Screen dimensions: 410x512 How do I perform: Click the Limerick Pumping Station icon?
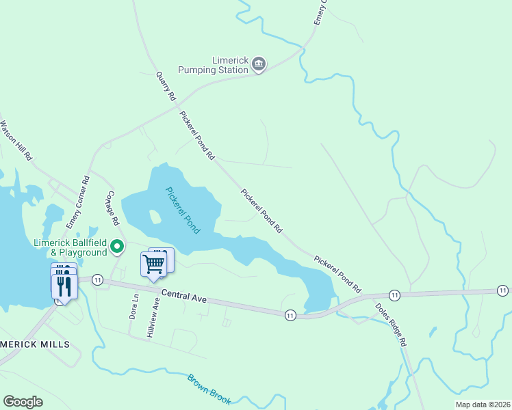(x=259, y=65)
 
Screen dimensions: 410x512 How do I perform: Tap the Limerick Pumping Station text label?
(x=213, y=65)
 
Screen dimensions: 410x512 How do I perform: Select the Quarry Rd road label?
(x=166, y=86)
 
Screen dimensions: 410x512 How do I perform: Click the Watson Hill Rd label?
(x=16, y=140)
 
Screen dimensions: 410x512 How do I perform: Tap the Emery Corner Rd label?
(x=77, y=203)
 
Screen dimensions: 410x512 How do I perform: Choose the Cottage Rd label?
(x=112, y=208)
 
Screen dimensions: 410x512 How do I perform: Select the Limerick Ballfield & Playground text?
(x=71, y=247)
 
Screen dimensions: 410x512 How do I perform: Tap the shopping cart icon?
(x=155, y=263)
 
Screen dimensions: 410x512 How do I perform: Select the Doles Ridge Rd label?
(x=392, y=323)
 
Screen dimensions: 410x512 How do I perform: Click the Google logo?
(x=23, y=402)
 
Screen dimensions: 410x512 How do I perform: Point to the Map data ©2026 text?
(x=482, y=405)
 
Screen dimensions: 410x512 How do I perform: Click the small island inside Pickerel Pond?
(x=155, y=217)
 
